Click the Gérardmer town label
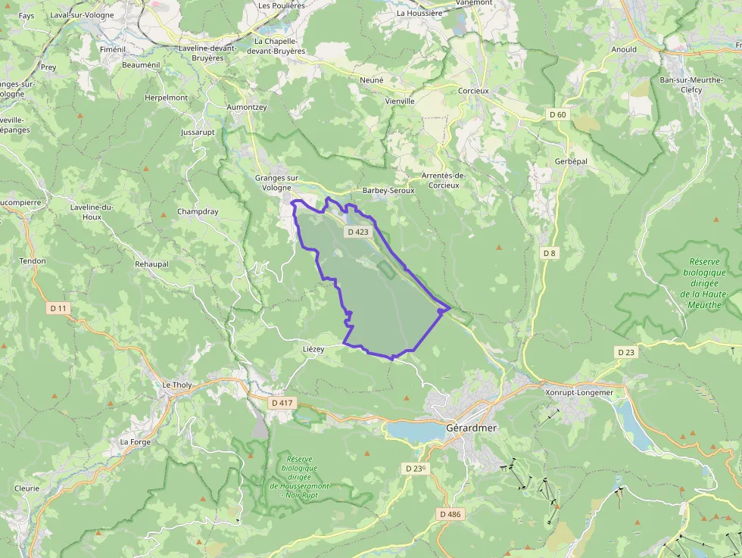tap(471, 428)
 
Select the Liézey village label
tap(313, 349)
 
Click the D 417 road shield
tap(282, 403)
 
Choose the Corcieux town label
tap(473, 90)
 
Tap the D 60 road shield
tap(557, 114)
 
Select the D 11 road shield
tap(58, 308)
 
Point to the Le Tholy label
tap(177, 385)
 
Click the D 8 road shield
tap(549, 252)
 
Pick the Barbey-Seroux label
tap(388, 191)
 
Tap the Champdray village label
tap(197, 211)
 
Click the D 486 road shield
tap(449, 514)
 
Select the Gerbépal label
tap(571, 162)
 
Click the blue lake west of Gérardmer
tap(413, 431)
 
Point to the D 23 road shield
tap(625, 352)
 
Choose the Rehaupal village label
tap(151, 263)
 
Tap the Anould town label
tap(624, 49)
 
